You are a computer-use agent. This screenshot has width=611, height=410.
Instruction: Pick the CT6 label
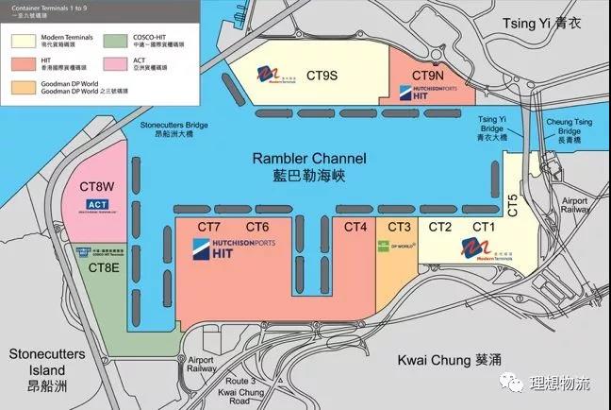[x=257, y=227]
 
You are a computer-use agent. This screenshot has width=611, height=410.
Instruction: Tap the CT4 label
[x=355, y=227]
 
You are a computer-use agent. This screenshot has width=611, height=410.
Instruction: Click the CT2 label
[x=440, y=227]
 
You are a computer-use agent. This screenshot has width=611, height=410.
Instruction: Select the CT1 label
[x=484, y=227]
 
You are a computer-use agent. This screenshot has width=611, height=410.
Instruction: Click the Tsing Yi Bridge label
[x=493, y=128]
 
